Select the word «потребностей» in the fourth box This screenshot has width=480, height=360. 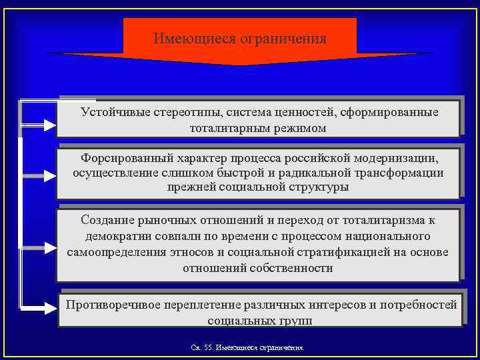tap(421, 305)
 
